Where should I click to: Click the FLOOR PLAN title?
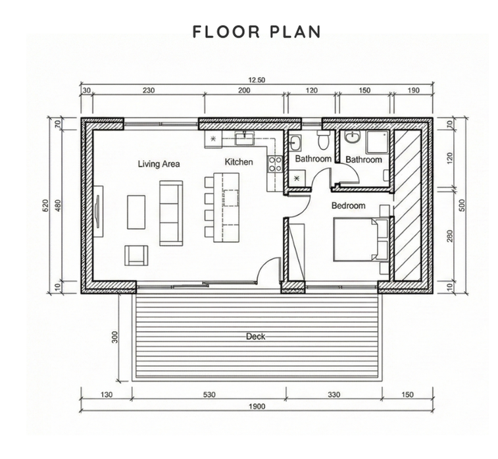pos(257,32)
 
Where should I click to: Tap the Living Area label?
pos(159,163)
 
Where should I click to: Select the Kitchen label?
pos(239,161)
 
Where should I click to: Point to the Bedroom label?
pos(348,205)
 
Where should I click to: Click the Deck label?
pos(255,337)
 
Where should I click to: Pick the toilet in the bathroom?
pos(322,140)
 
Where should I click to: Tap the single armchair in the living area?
pos(136,255)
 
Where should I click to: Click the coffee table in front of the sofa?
pos(136,211)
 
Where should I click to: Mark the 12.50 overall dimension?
pos(257,80)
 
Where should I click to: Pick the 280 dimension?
pos(450,236)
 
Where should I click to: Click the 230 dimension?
pos(148,92)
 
